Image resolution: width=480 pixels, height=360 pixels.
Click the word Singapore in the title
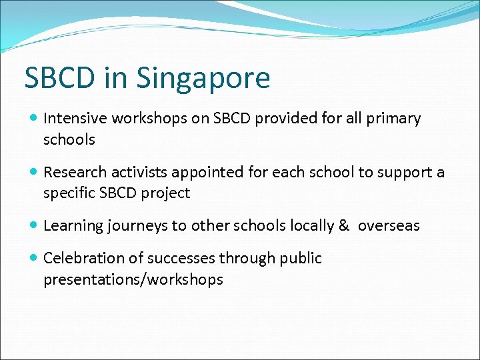pos(203,78)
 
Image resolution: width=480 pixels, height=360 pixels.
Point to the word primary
pos(395,119)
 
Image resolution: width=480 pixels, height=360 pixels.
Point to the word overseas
pos(389,226)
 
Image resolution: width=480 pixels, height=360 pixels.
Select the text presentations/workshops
pos(133,279)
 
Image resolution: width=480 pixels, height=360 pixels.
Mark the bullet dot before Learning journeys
pos(33,226)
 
